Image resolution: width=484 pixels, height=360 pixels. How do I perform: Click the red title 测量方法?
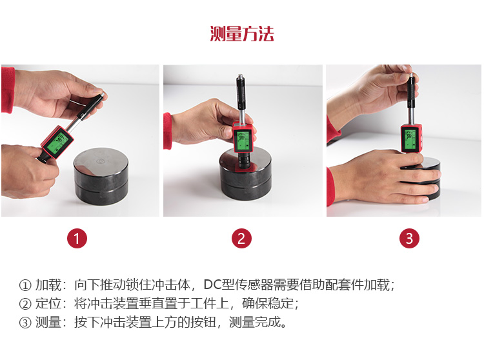(242, 34)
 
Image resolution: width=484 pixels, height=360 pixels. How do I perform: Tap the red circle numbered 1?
(77, 238)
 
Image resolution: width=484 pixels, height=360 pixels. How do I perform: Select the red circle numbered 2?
(242, 238)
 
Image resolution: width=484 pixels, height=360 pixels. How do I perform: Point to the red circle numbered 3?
(409, 238)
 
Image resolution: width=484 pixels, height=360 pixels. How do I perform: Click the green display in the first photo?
(57, 143)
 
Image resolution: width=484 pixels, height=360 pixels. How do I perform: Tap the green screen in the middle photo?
(243, 140)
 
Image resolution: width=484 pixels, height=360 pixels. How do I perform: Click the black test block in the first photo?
(101, 175)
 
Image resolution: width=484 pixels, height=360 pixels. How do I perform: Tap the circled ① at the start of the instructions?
(25, 285)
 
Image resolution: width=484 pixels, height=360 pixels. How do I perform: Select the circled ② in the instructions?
(25, 304)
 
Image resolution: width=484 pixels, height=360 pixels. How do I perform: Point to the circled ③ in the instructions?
(25, 323)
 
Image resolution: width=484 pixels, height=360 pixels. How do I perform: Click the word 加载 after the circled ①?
(48, 285)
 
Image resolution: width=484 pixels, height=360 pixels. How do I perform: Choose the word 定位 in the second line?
(48, 303)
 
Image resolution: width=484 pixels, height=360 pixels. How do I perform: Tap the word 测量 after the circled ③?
(48, 322)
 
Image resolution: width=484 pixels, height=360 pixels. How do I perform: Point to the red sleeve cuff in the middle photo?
(168, 131)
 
